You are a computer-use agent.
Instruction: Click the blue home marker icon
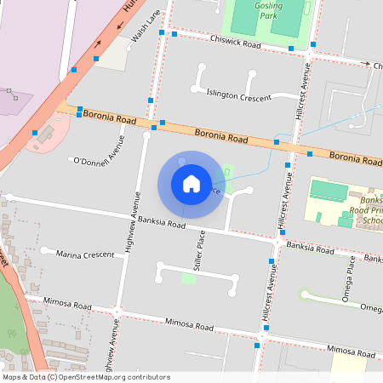(191, 184)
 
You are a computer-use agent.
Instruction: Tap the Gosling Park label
(268, 10)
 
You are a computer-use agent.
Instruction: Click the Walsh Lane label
(146, 26)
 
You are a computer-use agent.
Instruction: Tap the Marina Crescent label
(85, 254)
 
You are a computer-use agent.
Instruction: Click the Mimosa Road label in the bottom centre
(189, 324)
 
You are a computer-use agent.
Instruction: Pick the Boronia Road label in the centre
(220, 134)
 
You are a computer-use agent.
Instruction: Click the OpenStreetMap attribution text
(75, 377)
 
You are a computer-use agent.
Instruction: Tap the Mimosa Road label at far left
(70, 306)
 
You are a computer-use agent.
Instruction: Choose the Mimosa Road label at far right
(351, 350)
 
